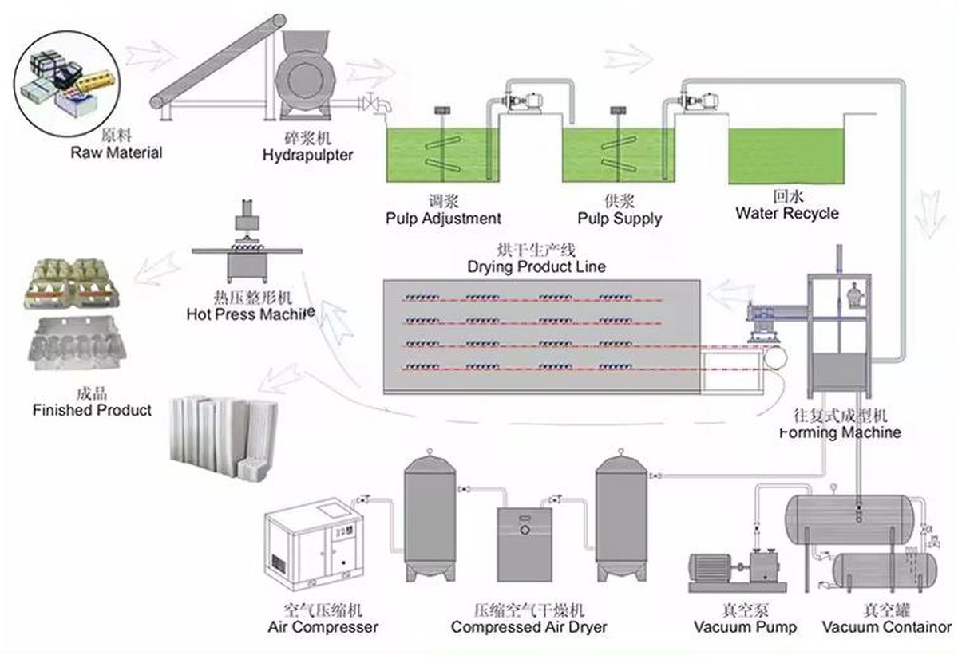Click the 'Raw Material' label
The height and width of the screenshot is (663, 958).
click(117, 152)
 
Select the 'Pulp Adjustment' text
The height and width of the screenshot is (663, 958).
click(443, 218)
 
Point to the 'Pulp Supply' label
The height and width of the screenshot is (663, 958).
click(620, 218)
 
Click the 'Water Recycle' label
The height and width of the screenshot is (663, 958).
click(786, 213)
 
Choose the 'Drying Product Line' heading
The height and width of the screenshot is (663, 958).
click(536, 266)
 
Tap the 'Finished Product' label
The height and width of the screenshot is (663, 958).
click(92, 410)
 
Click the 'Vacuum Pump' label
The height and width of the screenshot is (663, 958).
click(745, 627)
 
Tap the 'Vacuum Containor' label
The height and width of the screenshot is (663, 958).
click(886, 627)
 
